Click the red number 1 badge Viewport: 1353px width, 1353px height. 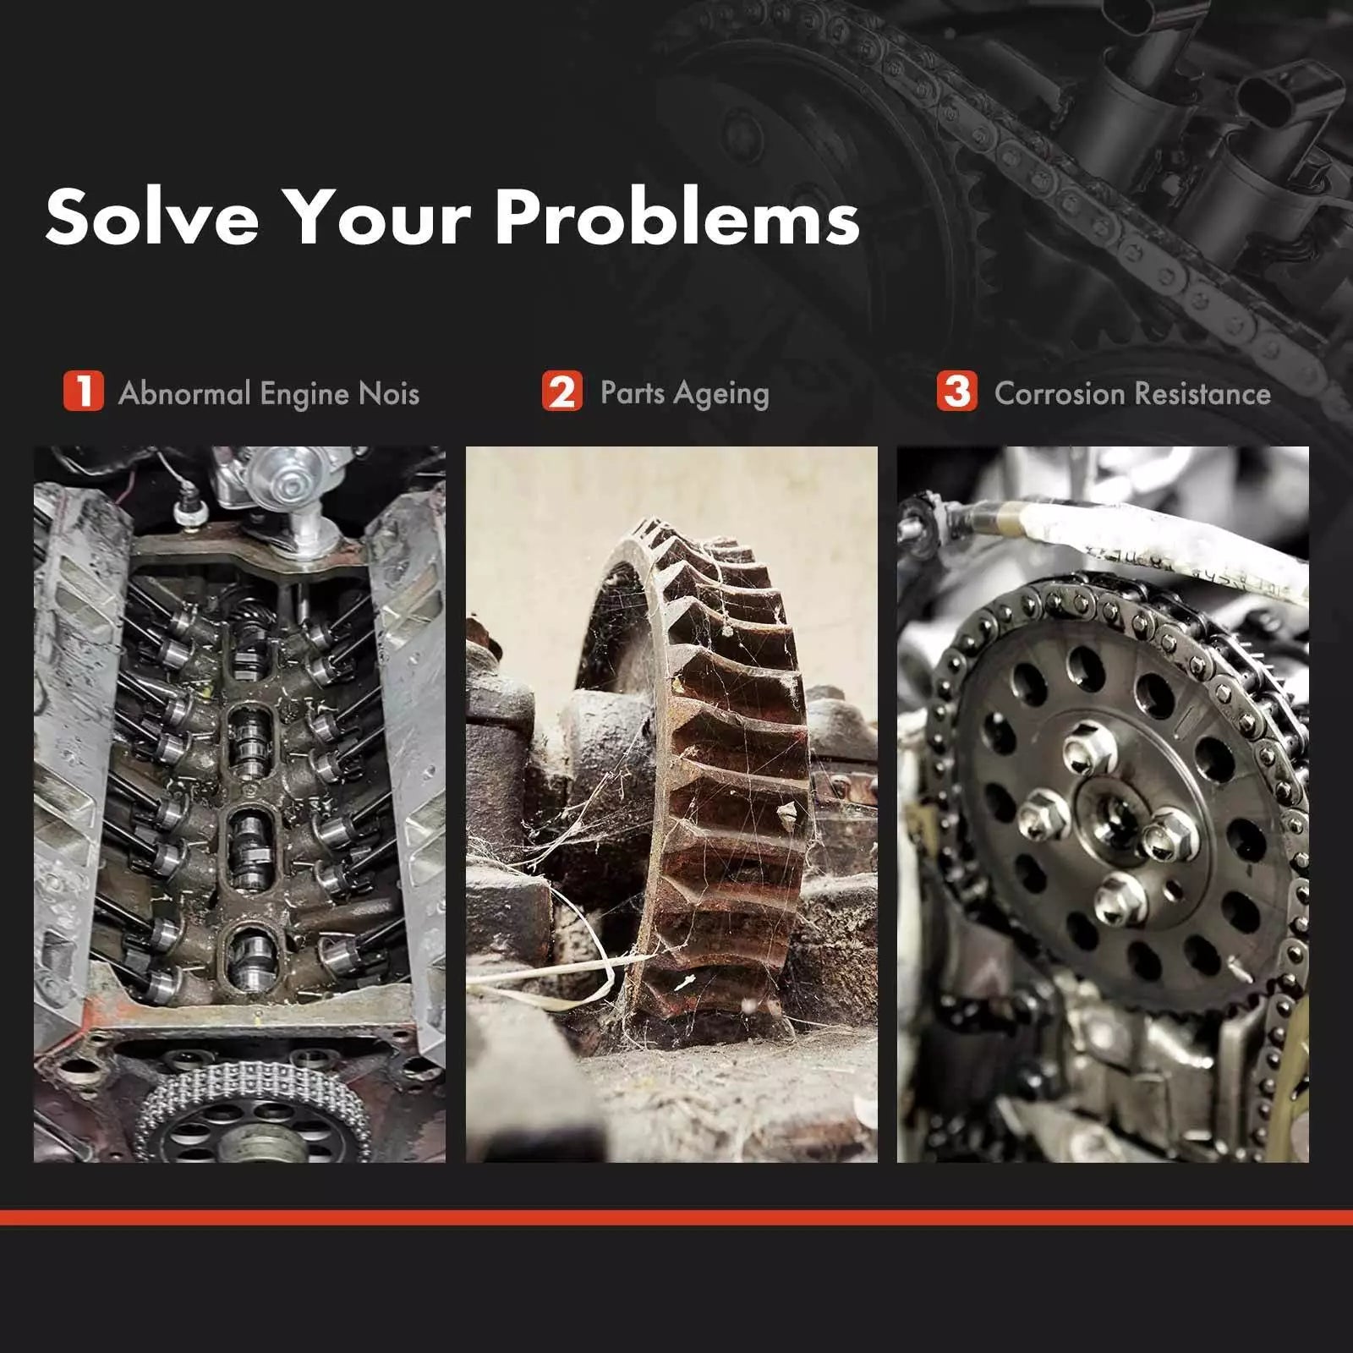coord(83,392)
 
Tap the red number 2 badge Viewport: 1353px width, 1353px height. coord(562,392)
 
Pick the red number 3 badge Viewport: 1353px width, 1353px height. coord(957,392)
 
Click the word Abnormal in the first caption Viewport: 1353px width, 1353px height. coord(185,393)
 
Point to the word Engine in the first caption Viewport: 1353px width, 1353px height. coord(304,395)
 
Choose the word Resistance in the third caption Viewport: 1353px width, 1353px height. coord(1202,393)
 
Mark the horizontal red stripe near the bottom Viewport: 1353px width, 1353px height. coord(676,1218)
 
